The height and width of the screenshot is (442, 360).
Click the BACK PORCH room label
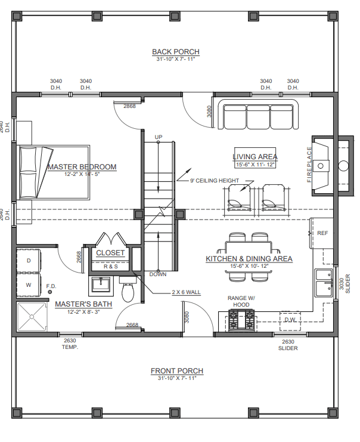click(x=176, y=52)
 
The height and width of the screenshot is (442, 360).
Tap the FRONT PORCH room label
click(x=177, y=371)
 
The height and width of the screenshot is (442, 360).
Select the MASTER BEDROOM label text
click(x=82, y=167)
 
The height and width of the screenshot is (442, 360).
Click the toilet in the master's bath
click(x=129, y=289)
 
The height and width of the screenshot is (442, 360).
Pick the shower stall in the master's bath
click(x=32, y=316)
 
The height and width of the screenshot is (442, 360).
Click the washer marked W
click(x=29, y=285)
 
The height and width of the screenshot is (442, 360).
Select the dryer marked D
click(x=29, y=261)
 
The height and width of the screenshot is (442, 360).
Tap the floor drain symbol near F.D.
click(x=50, y=292)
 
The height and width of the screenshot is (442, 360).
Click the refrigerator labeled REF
click(x=321, y=233)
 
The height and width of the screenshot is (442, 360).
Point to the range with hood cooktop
click(x=241, y=320)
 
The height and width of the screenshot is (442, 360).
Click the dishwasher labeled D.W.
click(x=290, y=321)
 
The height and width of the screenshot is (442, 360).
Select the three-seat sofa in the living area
click(x=258, y=114)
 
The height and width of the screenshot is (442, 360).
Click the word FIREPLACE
click(x=309, y=165)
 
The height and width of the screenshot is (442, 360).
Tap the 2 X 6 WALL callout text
click(x=186, y=292)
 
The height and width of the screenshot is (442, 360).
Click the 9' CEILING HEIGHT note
click(x=215, y=181)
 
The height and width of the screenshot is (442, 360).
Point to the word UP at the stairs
click(x=159, y=137)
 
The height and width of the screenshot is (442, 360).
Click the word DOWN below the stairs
click(x=158, y=274)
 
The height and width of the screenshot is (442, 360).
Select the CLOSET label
click(x=110, y=253)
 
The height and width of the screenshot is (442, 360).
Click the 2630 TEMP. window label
click(x=70, y=344)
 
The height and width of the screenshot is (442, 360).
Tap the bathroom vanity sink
click(x=101, y=285)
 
